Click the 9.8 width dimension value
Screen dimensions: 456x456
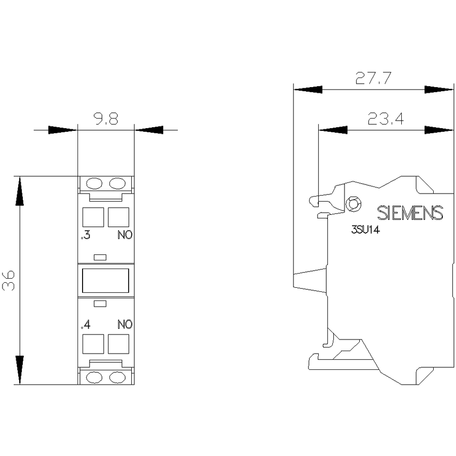(106, 119)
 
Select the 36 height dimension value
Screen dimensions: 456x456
(9, 281)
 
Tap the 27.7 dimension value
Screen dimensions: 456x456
(374, 78)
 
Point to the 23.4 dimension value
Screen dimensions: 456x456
(386, 119)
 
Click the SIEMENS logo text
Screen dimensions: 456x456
(410, 213)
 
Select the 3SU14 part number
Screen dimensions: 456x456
(365, 230)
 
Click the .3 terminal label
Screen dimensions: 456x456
(86, 235)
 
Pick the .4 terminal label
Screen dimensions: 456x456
(86, 324)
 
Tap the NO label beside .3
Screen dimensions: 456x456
(125, 235)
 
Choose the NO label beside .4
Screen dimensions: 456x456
(125, 324)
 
